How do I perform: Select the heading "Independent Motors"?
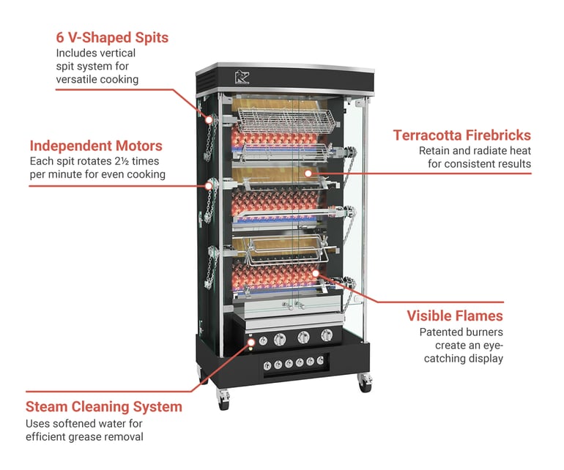(x=96, y=146)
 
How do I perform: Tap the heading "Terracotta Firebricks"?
(x=461, y=135)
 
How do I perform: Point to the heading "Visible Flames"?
(x=455, y=316)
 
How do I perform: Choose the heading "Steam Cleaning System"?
(x=104, y=407)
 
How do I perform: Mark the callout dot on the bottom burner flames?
(x=316, y=272)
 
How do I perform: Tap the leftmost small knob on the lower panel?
(x=268, y=365)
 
